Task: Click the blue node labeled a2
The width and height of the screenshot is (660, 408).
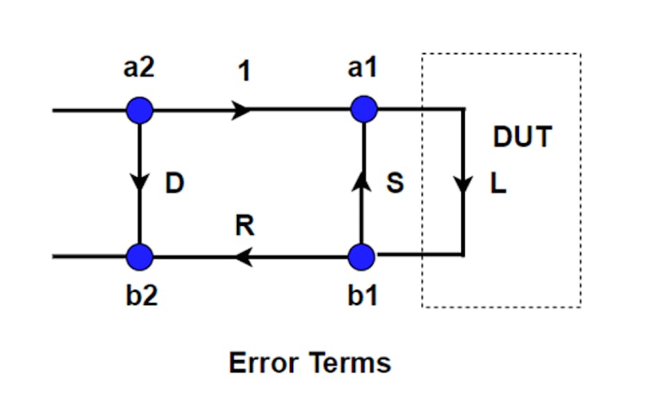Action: pos(140,109)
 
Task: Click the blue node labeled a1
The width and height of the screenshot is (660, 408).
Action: pos(363,109)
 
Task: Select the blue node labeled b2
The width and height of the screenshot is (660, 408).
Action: pos(140,256)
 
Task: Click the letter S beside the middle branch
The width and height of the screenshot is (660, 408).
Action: pos(395,185)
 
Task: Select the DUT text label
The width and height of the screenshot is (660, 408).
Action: pos(522,138)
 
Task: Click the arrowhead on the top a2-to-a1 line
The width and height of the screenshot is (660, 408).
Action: pos(242,109)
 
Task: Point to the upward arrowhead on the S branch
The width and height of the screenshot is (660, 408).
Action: pos(361,181)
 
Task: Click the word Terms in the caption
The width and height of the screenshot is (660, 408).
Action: pos(351,363)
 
